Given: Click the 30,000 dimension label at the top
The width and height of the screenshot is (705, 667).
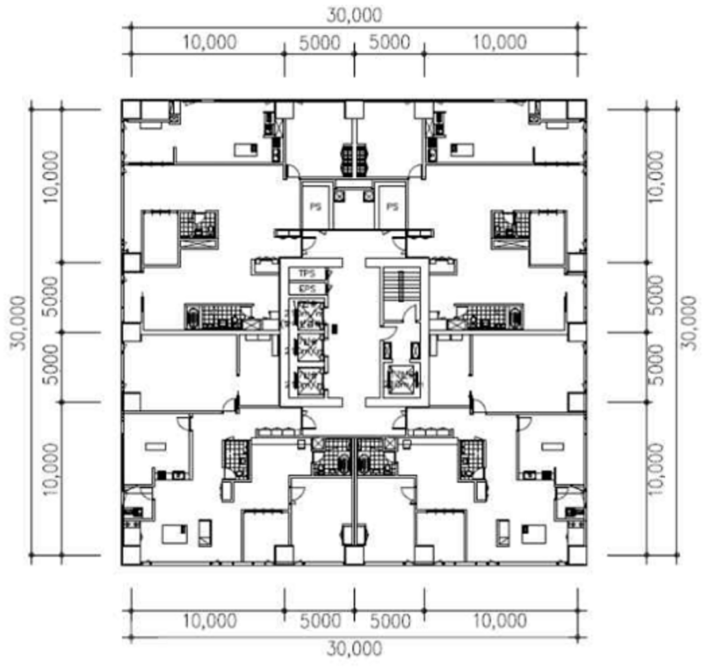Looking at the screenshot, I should coord(354,15).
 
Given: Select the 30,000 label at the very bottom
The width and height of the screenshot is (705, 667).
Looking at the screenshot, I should coord(354,648).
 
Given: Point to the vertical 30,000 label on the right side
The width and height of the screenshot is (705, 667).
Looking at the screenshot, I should coord(689,323).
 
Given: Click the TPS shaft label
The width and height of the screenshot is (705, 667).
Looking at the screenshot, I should coord(307,274).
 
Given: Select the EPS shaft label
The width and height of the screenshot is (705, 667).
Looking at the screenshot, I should coord(307,288).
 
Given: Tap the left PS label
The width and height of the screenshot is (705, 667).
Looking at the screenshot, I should coord(315,206).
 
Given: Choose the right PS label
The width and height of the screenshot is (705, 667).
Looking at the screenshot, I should coord(392,206).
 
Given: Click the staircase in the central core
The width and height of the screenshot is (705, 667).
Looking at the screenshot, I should coord(401,284).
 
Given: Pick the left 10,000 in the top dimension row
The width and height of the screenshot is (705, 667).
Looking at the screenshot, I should coord(210,42).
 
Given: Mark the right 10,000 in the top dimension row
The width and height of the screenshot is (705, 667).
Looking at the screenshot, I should coord(500,42).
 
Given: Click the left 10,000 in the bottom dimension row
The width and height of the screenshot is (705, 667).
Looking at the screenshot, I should coord(210,621).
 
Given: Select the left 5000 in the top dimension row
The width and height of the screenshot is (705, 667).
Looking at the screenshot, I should coord(320,43).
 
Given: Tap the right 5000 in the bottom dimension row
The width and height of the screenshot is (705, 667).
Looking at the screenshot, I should coord(390,621).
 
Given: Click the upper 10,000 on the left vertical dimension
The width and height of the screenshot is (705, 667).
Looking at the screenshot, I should coord(51,176).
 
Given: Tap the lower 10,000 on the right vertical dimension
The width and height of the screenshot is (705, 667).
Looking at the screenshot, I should coord(655,469).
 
